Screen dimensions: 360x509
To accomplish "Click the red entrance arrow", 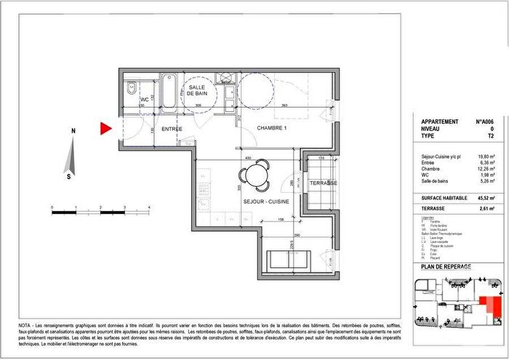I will coord(105,129).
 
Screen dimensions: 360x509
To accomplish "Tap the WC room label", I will coord(144,99).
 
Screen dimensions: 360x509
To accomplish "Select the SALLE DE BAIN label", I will coord(199,91).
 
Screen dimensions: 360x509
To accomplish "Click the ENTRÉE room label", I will coord(171,129).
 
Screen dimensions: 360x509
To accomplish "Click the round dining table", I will coord(254,174).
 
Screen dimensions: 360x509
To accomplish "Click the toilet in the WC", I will coord(131,90).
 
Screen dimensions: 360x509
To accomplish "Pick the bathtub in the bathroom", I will coord(169,92).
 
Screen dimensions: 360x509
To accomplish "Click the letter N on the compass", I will coord(73,131).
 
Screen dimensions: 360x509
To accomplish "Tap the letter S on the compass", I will coord(68,176).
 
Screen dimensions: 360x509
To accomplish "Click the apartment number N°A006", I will coord(484,122).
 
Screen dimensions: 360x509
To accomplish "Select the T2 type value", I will coord(489,136).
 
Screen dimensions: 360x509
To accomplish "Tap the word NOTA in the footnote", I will coord(26,324).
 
